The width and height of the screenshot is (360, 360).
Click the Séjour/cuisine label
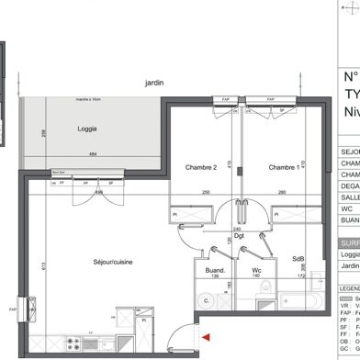114,263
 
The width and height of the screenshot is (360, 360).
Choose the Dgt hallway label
238,236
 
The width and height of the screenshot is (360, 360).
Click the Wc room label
258,270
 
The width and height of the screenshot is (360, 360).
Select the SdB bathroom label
298,259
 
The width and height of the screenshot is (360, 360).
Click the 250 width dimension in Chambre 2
208,192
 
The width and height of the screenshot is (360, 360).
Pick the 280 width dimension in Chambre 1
284,192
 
